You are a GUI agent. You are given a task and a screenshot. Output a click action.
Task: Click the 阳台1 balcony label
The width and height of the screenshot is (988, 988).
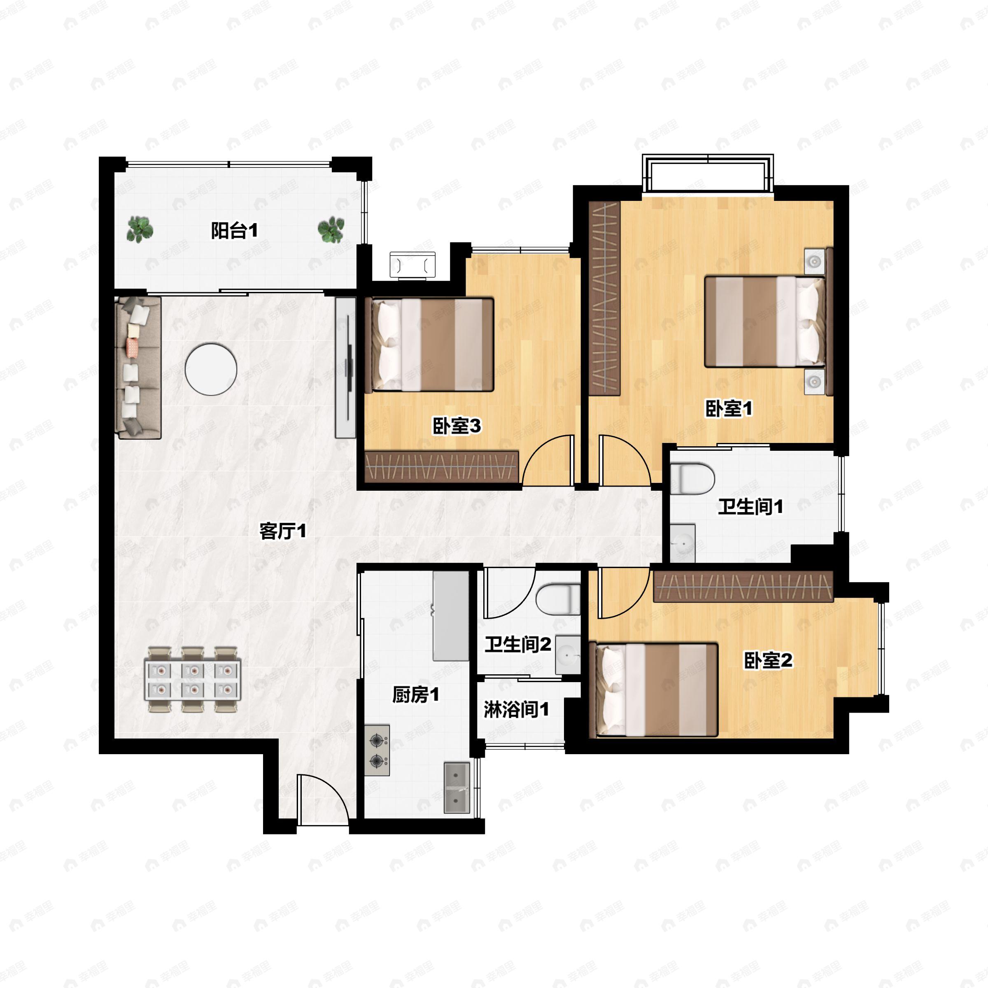tap(234, 231)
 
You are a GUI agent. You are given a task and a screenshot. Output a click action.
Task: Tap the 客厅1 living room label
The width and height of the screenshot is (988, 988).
tap(283, 531)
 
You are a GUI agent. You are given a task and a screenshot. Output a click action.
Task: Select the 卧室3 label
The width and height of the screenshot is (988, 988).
tap(457, 426)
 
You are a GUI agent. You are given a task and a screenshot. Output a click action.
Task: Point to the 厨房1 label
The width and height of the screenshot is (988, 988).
tap(416, 695)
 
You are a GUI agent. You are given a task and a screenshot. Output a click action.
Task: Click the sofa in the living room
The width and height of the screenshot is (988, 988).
tap(138, 367)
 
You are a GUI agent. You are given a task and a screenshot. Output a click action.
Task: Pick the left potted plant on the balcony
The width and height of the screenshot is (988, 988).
tap(140, 229)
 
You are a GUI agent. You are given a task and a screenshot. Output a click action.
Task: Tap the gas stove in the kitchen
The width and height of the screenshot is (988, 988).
tap(377, 750)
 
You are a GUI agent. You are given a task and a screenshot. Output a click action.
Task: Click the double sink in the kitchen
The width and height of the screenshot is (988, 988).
tap(457, 788)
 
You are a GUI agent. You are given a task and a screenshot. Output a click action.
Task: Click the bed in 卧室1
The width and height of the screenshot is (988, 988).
tap(765, 322)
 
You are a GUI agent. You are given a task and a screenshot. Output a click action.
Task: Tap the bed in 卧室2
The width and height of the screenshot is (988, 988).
tap(654, 690)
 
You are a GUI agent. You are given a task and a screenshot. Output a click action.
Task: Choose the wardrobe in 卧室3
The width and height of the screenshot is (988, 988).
tap(441, 466)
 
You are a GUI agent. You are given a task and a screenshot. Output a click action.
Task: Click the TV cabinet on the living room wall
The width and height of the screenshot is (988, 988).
tap(346, 367)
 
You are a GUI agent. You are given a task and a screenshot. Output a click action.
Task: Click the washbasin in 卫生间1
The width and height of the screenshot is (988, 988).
tap(682, 543)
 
